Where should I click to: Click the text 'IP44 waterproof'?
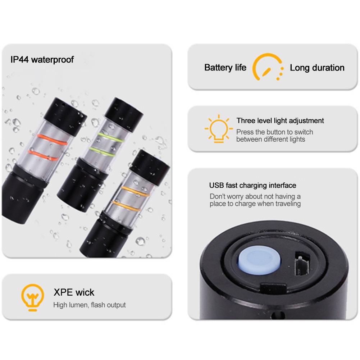click(42, 60)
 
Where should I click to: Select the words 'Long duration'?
click(317, 68)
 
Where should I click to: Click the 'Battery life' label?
click(225, 68)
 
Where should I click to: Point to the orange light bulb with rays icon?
click(219, 129)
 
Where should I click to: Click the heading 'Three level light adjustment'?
click(280, 120)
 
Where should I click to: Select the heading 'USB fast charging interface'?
click(252, 185)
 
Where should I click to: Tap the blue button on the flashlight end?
click(259, 260)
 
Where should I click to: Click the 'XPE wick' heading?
click(74, 292)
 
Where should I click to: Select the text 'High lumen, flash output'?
click(89, 305)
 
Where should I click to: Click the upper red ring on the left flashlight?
click(52, 140)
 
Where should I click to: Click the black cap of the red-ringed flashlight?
click(65, 116)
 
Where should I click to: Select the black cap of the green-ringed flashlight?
click(124, 114)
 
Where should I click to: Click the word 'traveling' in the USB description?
click(288, 204)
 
